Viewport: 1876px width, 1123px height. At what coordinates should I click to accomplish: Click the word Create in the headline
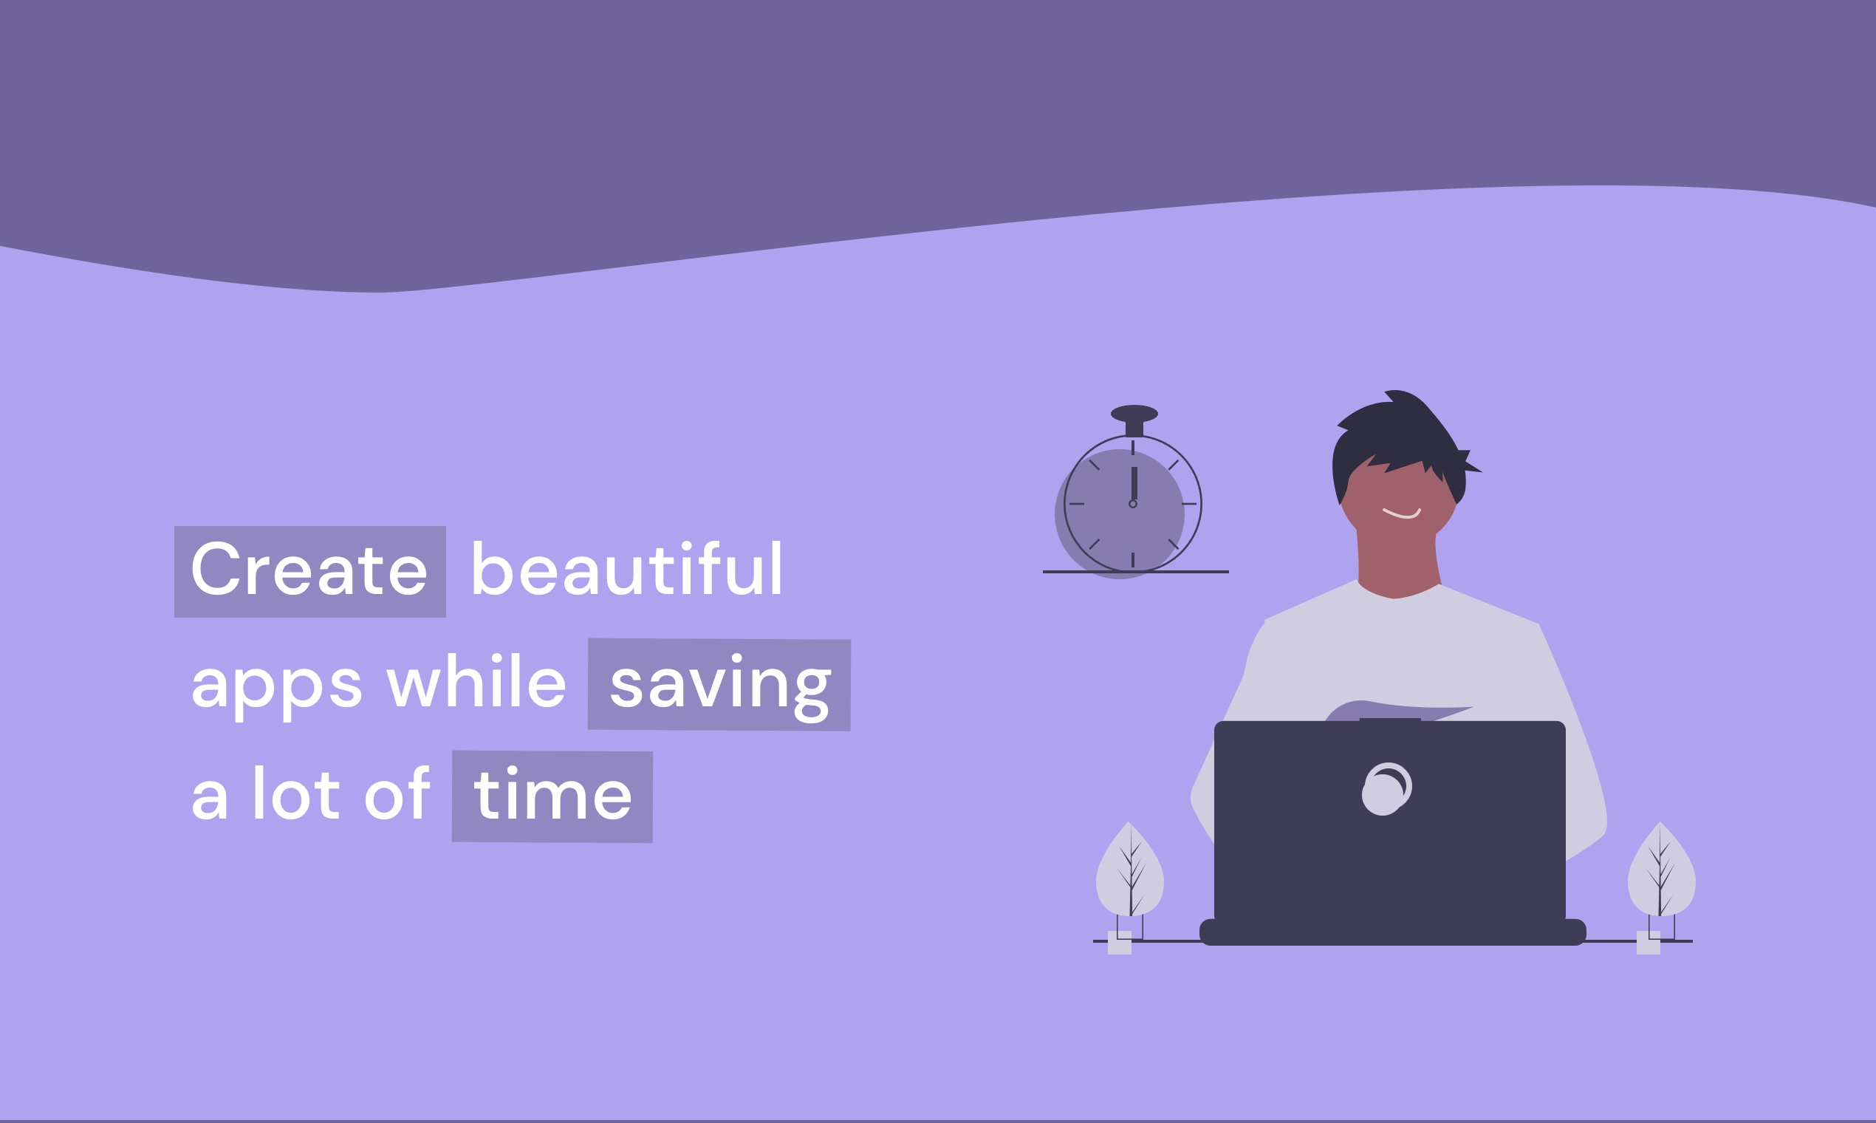click(x=309, y=568)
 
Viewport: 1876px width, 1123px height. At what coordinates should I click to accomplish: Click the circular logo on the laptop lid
click(x=1386, y=788)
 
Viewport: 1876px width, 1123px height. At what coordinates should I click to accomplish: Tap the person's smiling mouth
click(x=1402, y=513)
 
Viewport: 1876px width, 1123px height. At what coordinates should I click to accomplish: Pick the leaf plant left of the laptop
click(x=1130, y=870)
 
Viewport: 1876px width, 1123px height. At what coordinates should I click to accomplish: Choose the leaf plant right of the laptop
click(x=1661, y=870)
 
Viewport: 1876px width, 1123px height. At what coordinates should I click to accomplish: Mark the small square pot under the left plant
click(x=1120, y=943)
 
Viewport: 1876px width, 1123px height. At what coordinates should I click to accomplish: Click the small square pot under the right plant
click(x=1649, y=943)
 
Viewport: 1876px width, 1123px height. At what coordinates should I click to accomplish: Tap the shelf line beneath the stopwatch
click(x=1135, y=572)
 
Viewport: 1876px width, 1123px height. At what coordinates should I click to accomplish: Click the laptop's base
click(x=1393, y=932)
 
